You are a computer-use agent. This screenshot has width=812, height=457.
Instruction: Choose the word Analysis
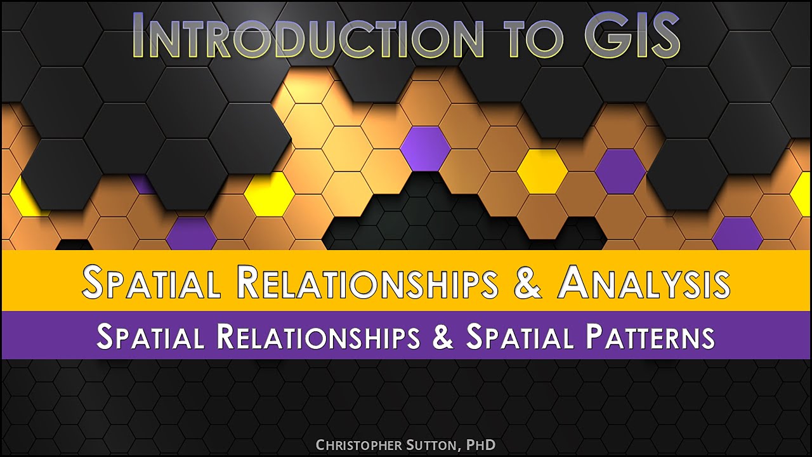point(645,282)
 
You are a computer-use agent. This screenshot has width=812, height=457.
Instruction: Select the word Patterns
point(650,336)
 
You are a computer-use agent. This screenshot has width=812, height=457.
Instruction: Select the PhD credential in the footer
point(480,445)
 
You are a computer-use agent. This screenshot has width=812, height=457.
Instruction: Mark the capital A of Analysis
point(577,282)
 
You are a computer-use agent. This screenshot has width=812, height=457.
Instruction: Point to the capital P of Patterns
point(595,336)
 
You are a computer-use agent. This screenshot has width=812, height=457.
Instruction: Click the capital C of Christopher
point(320,445)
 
